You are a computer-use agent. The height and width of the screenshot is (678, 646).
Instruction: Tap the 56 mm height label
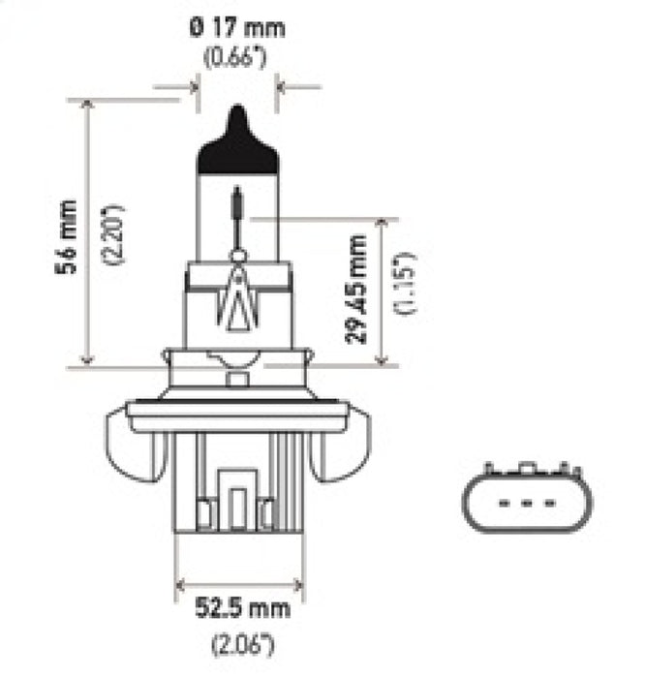66,237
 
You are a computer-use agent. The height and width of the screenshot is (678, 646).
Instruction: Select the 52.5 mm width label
237,610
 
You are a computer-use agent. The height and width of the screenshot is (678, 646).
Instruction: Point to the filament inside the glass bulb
237,208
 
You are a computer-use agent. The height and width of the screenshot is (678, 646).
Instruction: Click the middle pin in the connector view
524,503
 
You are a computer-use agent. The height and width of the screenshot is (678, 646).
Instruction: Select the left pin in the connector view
502,503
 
